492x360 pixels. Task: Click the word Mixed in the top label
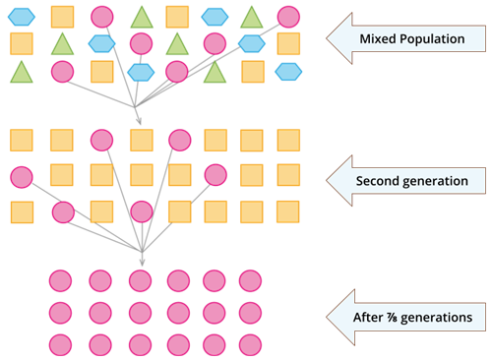click(380, 39)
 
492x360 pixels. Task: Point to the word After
click(371, 318)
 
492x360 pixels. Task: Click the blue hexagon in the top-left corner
click(22, 17)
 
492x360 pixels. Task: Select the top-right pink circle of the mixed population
click(288, 16)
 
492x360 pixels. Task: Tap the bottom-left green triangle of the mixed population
click(22, 71)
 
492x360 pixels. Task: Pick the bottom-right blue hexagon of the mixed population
click(288, 71)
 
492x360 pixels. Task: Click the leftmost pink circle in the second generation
click(22, 177)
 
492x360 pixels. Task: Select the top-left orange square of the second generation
click(22, 141)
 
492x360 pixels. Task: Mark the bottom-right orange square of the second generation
click(288, 211)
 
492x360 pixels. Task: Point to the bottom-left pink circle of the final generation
click(61, 345)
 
